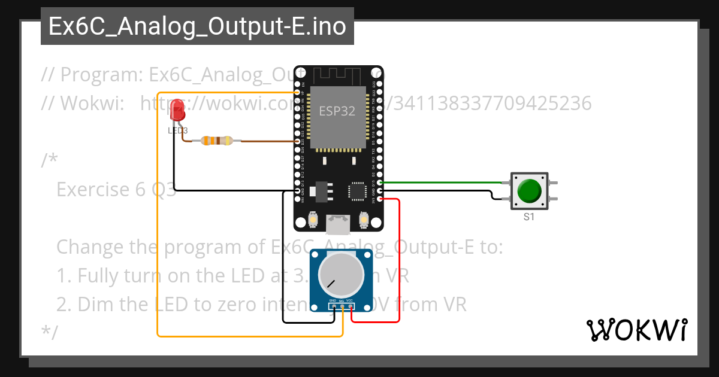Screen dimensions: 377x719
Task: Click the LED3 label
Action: pos(177,130)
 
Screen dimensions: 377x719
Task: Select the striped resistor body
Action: pos(216,141)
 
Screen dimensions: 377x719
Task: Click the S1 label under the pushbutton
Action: pos(528,217)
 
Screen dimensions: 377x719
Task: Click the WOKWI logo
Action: pos(636,330)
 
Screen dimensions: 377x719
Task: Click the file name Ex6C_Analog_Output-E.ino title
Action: pos(197,26)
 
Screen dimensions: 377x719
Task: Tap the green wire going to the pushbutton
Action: pos(443,182)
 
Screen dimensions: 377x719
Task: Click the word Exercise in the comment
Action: pos(90,189)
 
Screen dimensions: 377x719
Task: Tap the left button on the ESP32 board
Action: pos(312,221)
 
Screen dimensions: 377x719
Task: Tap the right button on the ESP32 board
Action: pos(363,221)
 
